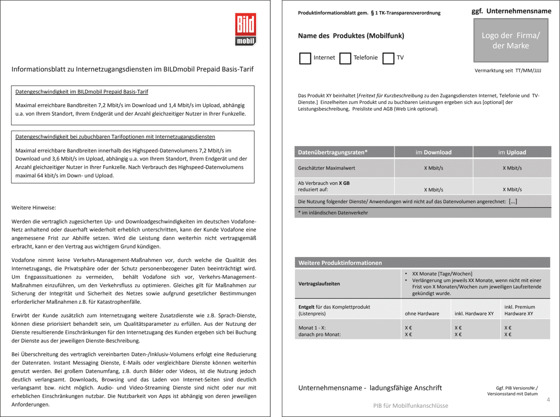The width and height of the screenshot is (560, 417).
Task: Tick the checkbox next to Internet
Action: click(x=305, y=58)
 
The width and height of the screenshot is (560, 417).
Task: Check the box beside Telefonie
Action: click(x=345, y=58)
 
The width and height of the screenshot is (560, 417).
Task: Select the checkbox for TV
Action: click(x=388, y=58)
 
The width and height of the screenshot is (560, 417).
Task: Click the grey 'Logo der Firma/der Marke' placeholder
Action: click(x=510, y=40)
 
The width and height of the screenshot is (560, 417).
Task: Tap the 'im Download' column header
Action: click(x=433, y=152)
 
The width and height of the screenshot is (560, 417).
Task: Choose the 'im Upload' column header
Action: click(x=512, y=152)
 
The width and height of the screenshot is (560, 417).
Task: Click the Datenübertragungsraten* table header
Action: click(x=332, y=152)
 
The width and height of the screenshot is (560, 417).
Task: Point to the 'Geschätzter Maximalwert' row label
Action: click(x=326, y=168)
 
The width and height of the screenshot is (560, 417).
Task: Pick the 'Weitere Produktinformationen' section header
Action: click(x=340, y=263)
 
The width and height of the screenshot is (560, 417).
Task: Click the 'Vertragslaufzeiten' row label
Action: click(x=319, y=284)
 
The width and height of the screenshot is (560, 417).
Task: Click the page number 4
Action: click(x=548, y=400)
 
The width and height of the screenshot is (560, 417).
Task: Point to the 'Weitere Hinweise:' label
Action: click(x=34, y=208)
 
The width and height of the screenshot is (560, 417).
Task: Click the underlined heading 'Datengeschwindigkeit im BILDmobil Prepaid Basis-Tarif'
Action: click(x=81, y=92)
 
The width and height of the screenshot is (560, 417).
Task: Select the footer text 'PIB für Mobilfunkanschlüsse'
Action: click(x=411, y=406)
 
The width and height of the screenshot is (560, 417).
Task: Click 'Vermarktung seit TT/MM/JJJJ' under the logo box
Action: click(x=508, y=71)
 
